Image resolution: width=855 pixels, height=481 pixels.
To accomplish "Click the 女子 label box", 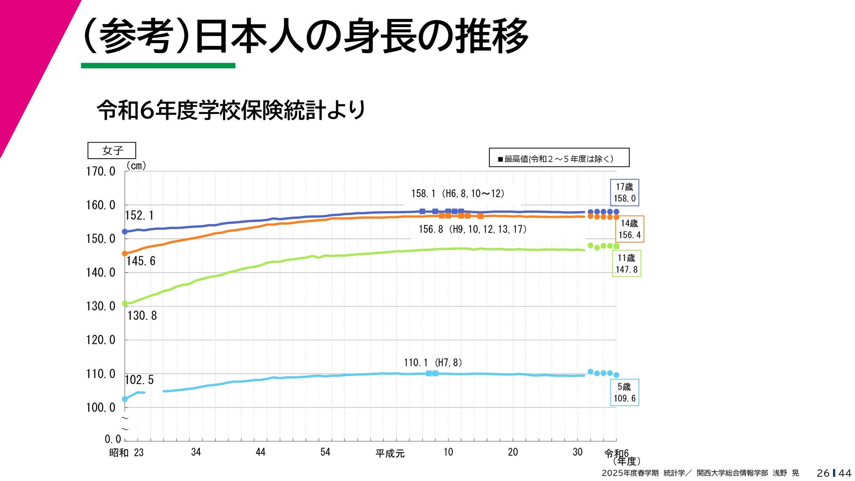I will [112, 151].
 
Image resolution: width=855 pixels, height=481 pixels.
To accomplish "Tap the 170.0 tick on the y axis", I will [101, 171].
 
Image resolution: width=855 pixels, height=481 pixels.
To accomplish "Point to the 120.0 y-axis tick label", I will [101, 340].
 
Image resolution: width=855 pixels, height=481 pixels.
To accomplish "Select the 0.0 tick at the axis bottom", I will [113, 439].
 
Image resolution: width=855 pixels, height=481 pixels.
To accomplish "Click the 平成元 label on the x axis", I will [390, 453].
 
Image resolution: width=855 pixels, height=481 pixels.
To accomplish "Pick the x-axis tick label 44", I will [261, 452].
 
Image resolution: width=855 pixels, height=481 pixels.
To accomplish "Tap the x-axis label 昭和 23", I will [126, 453].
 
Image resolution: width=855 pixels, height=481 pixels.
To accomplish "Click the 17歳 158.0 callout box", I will [624, 193].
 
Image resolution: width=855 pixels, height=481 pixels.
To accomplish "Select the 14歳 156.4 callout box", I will [629, 229].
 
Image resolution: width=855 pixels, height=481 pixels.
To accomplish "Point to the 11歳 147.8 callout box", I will [627, 264].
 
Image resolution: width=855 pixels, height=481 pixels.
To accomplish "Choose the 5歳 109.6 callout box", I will [624, 392].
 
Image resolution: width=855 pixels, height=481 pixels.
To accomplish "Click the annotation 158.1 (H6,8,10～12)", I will [458, 194].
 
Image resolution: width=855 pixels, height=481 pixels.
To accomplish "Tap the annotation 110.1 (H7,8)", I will [433, 363].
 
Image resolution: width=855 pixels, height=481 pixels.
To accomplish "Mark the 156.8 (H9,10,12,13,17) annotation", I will [472, 229].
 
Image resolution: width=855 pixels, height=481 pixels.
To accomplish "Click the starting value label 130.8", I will [142, 316].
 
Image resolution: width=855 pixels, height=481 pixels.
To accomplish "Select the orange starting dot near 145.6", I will [125, 253].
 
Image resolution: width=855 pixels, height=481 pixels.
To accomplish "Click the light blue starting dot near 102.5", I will [125, 399].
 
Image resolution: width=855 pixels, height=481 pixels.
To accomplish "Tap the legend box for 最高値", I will [559, 158].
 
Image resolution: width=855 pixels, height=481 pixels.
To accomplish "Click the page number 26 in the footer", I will [823, 473].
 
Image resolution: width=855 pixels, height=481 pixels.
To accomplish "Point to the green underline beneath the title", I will [158, 66].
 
